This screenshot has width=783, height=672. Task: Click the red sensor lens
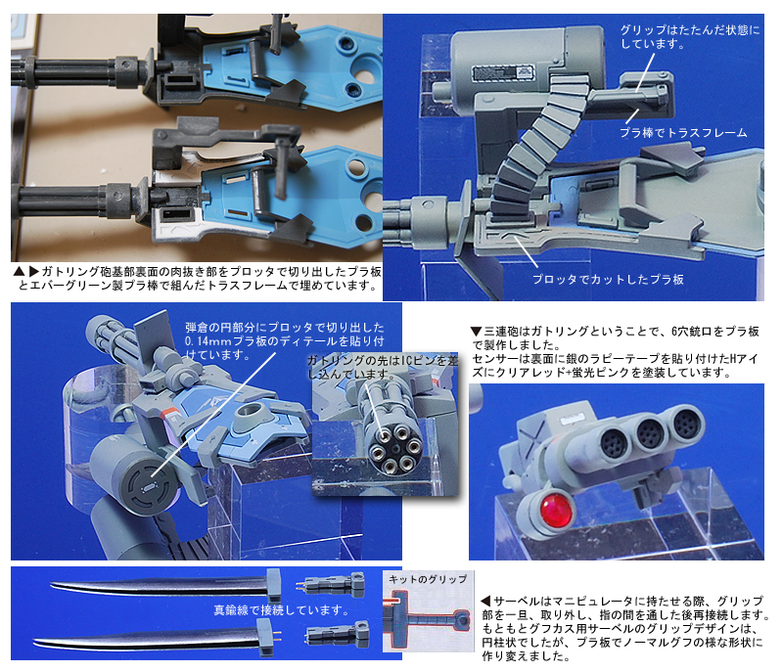pyautogui.click(x=556, y=512)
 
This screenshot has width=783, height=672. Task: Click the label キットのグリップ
pyautogui.click(x=428, y=579)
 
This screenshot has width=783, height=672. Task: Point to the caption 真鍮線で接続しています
pyautogui.click(x=281, y=609)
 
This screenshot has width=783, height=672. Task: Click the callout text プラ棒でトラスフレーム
pyautogui.click(x=683, y=133)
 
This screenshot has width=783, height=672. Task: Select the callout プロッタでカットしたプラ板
pyautogui.click(x=608, y=280)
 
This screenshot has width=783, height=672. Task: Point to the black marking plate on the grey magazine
pyautogui.click(x=503, y=73)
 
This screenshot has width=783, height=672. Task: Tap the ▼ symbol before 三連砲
pyautogui.click(x=476, y=332)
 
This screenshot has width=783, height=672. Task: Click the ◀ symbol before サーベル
pyautogui.click(x=485, y=602)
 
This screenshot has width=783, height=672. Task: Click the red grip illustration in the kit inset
pyautogui.click(x=428, y=616)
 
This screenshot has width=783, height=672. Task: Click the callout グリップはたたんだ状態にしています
pyautogui.click(x=690, y=37)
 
